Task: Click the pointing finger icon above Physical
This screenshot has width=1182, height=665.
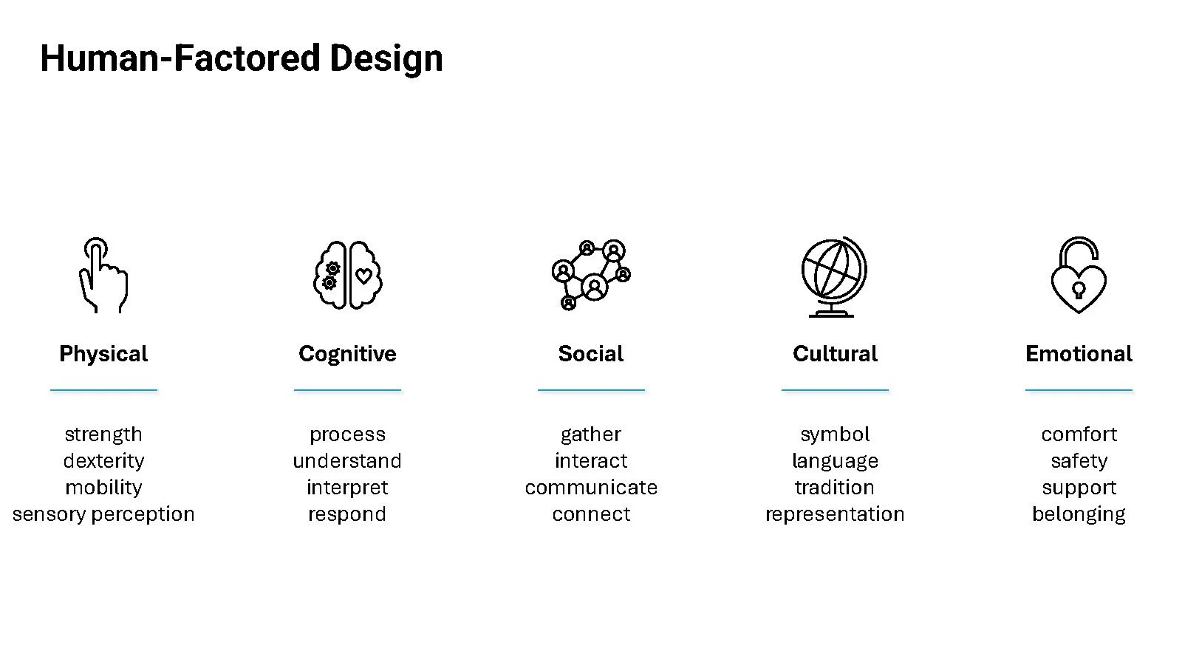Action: point(103,276)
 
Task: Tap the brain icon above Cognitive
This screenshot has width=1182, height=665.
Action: point(347,276)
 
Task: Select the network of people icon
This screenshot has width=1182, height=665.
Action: point(591,275)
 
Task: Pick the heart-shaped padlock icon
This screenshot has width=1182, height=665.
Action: point(1079,276)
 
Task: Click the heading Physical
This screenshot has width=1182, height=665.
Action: point(103,354)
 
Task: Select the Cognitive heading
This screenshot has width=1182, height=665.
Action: point(347,354)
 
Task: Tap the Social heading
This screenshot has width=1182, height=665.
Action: point(591,354)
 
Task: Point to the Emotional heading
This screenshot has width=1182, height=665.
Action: point(1079,354)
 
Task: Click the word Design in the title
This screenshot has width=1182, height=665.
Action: point(386,58)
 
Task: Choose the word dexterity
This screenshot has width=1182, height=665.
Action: point(103,461)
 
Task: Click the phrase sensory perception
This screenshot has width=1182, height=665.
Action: point(103,514)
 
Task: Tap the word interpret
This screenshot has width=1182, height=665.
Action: point(347,488)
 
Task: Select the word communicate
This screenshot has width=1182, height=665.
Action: point(591,488)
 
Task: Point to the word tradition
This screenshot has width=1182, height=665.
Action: point(835,488)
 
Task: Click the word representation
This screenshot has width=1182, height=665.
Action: point(835,514)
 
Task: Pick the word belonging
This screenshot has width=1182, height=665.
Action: point(1079,514)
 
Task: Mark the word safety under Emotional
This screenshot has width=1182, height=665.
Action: point(1079,461)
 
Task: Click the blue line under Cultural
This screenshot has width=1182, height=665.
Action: point(835,389)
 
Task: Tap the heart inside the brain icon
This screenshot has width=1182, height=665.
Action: point(363,276)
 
